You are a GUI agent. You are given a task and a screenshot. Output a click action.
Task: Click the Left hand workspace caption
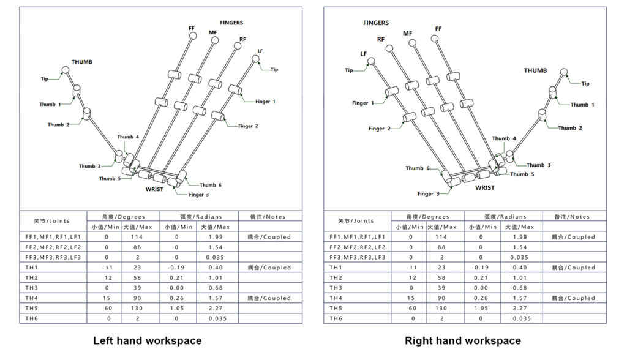pyautogui.click(x=147, y=340)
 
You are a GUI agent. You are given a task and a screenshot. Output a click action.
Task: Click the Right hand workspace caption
pyautogui.click(x=462, y=340)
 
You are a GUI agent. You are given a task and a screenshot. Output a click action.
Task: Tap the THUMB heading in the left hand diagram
pyautogui.click(x=82, y=62)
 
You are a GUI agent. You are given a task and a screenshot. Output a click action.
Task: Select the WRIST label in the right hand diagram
pyautogui.click(x=485, y=188)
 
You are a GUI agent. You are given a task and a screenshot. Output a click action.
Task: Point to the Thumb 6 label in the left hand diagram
pyautogui.click(x=211, y=185)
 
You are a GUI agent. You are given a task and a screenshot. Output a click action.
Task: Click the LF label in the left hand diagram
pyautogui.click(x=260, y=51)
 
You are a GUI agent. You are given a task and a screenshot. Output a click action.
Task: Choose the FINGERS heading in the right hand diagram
pyautogui.click(x=376, y=23)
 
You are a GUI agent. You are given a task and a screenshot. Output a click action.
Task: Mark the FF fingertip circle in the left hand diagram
pyautogui.click(x=192, y=36)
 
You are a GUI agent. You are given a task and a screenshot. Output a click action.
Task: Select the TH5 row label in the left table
pyautogui.click(x=29, y=309)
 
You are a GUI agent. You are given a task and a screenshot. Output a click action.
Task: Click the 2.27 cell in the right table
pyautogui.click(x=522, y=309)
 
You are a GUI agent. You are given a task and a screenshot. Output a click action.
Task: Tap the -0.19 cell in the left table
pyautogui.click(x=178, y=268)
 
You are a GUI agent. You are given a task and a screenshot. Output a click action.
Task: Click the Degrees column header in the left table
pyautogui.click(x=123, y=216)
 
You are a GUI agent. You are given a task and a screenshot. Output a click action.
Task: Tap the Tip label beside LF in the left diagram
pyautogui.click(x=274, y=70)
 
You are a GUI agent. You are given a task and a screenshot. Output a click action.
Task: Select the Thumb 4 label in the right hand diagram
pyautogui.click(x=504, y=139)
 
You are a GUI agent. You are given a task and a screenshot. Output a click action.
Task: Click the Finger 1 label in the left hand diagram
pyautogui.click(x=266, y=102)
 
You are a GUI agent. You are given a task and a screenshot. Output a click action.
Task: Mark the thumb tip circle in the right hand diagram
pyautogui.click(x=564, y=73)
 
